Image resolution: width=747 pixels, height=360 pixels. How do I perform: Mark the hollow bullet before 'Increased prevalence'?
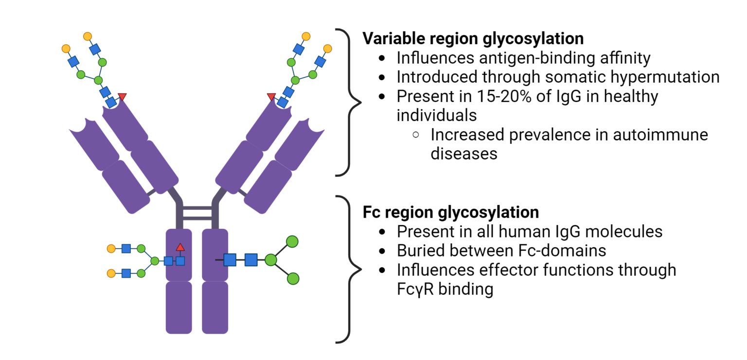click(x=416, y=135)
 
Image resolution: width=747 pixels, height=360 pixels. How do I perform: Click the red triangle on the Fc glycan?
click(x=180, y=247)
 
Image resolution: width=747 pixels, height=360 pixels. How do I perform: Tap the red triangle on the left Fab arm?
click(x=122, y=97)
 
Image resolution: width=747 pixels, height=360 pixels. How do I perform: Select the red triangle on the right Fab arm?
click(x=271, y=97)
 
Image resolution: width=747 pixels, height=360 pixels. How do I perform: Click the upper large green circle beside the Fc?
click(x=292, y=241)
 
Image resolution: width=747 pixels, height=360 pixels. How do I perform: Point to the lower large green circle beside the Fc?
click(x=293, y=278)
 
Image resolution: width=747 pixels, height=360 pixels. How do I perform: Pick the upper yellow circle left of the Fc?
click(x=111, y=249)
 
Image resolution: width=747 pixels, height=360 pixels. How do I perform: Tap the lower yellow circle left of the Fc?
click(x=111, y=273)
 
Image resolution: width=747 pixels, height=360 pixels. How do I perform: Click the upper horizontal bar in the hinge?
click(x=197, y=207)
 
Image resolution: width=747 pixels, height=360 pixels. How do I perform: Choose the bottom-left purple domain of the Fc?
click(x=179, y=307)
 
